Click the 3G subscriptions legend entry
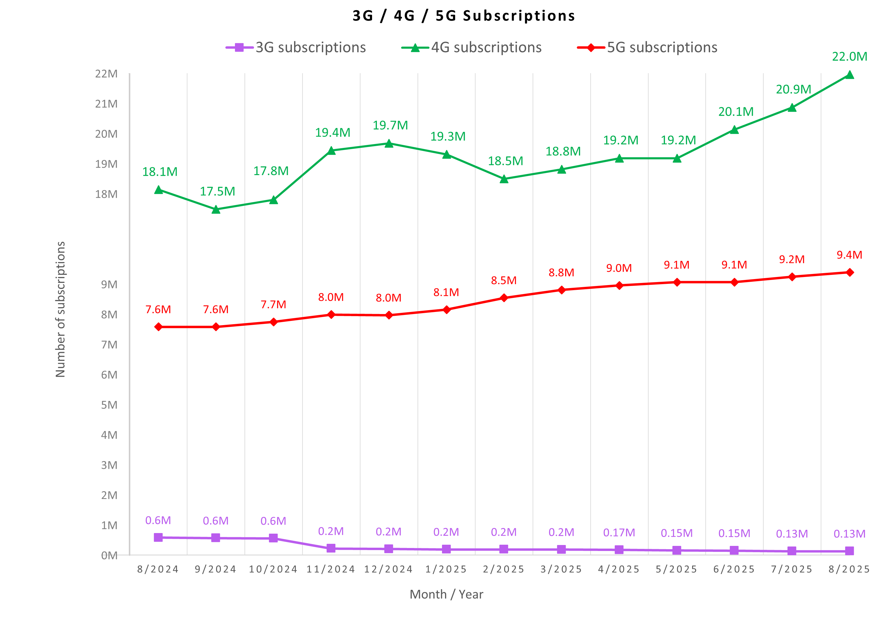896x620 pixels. tap(296, 48)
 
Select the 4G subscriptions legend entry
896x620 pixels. tap(472, 48)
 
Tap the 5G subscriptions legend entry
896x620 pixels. tap(647, 48)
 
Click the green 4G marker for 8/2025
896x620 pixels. tap(849, 75)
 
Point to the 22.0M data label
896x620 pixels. tap(849, 57)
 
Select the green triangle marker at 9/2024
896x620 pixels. tap(216, 210)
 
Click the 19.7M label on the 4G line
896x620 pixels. tap(390, 125)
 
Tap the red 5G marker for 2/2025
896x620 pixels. tap(504, 298)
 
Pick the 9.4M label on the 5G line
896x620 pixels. tap(849, 255)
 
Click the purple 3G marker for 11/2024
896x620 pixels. tap(331, 548)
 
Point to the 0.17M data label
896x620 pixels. tap(619, 532)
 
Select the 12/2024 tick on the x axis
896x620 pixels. tap(389, 569)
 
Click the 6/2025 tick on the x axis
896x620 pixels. tap(734, 569)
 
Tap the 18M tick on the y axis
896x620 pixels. tap(106, 194)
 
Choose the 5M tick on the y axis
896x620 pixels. tap(109, 405)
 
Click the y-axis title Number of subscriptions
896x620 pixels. tap(60, 309)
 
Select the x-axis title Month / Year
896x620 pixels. tap(447, 594)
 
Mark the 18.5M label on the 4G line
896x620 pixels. tap(505, 161)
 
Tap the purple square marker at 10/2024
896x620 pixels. tap(273, 538)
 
